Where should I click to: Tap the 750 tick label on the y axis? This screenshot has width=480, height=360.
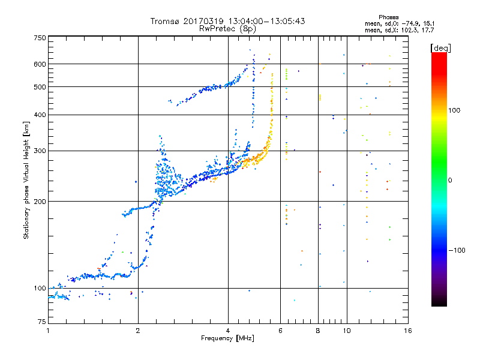click(40, 38)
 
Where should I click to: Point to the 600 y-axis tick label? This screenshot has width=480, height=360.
click(40, 64)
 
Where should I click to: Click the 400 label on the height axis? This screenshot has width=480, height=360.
click(40, 115)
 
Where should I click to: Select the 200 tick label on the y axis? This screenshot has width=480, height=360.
click(40, 202)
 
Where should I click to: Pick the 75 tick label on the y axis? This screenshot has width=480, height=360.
click(42, 322)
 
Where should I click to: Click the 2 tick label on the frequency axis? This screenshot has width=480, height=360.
click(138, 331)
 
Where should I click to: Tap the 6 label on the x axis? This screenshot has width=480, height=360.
click(280, 331)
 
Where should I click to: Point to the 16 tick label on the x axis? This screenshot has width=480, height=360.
click(408, 331)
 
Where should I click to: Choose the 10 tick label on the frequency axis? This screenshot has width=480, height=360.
click(347, 331)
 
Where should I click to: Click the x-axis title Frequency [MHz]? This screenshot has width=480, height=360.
click(227, 338)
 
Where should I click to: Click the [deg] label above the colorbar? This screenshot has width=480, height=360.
click(440, 49)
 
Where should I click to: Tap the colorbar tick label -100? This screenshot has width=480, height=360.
click(457, 250)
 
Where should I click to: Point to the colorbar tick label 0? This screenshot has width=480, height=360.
click(450, 180)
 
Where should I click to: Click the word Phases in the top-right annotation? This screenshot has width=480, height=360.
click(388, 17)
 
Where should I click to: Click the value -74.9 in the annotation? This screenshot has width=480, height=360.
click(410, 23)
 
